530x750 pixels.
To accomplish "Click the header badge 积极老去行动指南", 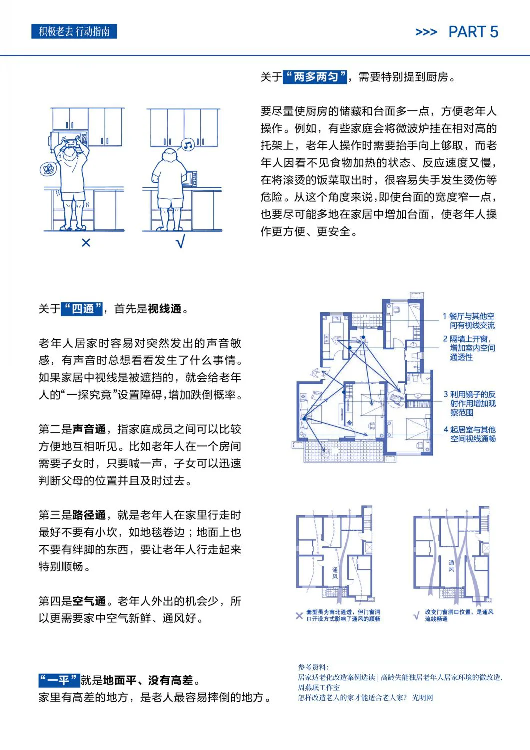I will (x=74, y=32).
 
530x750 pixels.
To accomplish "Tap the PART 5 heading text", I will (x=473, y=32).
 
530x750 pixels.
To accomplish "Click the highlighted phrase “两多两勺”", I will (x=315, y=77).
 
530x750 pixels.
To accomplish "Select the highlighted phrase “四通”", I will (x=82, y=309).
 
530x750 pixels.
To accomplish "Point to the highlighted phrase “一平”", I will (x=59, y=680).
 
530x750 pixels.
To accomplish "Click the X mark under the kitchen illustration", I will (x=86, y=243).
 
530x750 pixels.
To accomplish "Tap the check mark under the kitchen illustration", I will (x=180, y=243).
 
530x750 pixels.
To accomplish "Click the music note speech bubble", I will (x=188, y=145).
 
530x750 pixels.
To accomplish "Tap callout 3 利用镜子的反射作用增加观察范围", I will (x=470, y=403).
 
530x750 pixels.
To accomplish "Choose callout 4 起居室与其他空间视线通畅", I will (x=470, y=434).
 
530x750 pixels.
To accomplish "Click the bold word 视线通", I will (x=164, y=309).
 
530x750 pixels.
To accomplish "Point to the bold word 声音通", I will (x=89, y=429).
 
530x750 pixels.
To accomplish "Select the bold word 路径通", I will (x=89, y=515).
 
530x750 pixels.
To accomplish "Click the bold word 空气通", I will (x=89, y=601).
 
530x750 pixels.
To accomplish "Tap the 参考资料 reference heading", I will (x=313, y=667).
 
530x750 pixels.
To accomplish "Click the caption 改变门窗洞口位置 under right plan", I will (x=459, y=615).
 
